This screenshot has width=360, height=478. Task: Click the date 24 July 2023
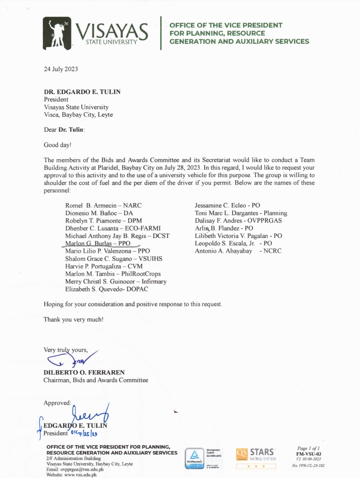point(62,69)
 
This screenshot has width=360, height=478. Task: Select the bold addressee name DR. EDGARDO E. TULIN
point(82,92)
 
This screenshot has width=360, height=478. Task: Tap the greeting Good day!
point(57,144)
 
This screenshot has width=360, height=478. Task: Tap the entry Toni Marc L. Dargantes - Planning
point(233,213)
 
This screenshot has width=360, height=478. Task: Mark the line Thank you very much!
point(73,319)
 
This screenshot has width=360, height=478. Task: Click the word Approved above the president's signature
point(57,402)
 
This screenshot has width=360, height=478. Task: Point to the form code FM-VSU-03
point(309,453)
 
